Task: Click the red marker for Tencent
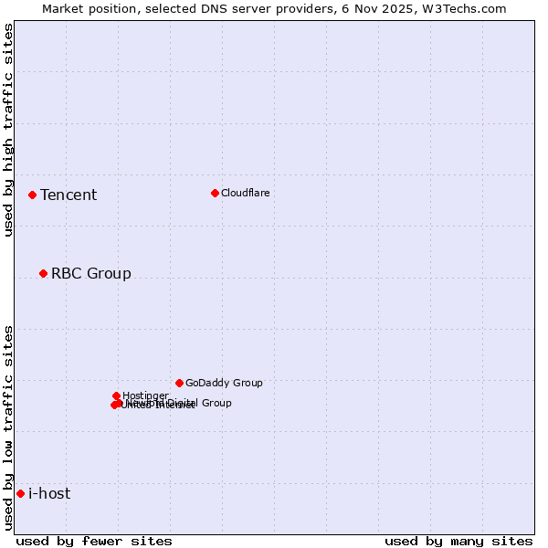coord(32,195)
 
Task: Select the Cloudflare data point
coord(215,193)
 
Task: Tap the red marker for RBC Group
coord(43,273)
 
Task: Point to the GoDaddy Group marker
coord(179,383)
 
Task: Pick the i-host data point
coord(20,493)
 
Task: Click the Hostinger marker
coord(116,395)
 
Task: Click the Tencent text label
coord(68,195)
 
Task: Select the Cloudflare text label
coord(245,193)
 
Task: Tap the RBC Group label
coord(91,273)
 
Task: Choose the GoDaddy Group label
coord(224,383)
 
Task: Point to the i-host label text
coord(49,493)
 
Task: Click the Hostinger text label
coord(145,395)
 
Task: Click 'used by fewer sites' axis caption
coord(94,541)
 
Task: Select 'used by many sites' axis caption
coord(458,541)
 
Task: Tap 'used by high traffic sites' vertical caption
coord(9,130)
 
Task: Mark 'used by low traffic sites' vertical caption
coord(9,427)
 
